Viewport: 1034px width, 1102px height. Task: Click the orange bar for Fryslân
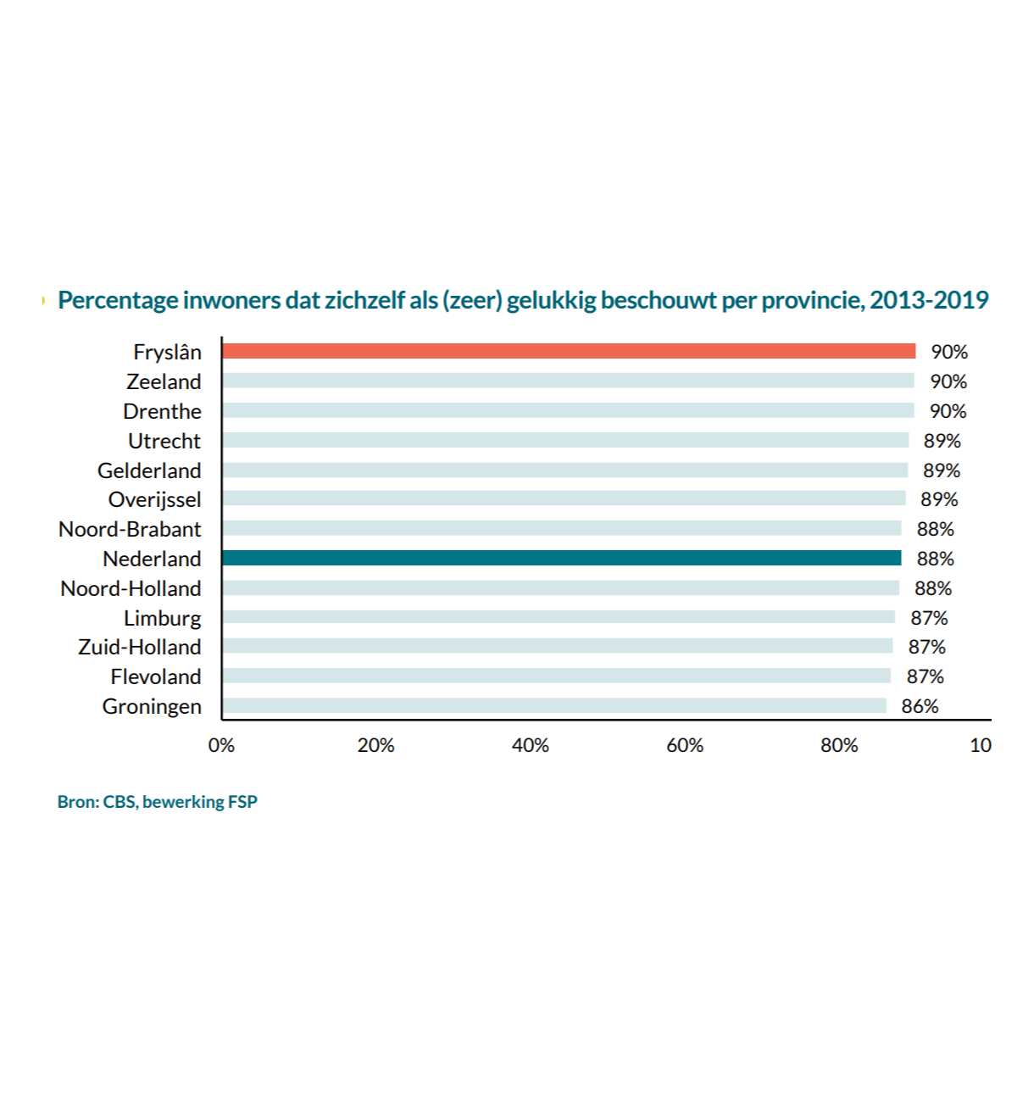(568, 351)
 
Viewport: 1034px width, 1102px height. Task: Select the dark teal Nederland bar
(561, 558)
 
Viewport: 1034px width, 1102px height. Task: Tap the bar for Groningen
(554, 705)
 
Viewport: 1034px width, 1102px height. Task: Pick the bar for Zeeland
(568, 381)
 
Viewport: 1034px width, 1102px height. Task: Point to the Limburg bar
(559, 617)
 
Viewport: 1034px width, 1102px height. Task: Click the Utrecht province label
(164, 441)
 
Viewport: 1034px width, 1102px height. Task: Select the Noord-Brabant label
(130, 529)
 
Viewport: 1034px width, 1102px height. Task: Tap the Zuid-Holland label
(140, 647)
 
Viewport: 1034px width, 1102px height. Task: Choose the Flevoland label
(156, 676)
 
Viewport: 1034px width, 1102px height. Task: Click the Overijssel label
(155, 499)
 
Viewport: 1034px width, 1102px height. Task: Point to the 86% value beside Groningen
(920, 706)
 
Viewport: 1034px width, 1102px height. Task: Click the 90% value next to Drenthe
(948, 411)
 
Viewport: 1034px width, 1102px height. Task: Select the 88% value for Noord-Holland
(933, 588)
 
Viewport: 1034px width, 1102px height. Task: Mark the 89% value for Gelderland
(942, 470)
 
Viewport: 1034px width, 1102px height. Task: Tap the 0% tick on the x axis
(221, 745)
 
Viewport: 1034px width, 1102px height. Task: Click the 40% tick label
(531, 745)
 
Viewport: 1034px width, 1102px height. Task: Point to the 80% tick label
(839, 745)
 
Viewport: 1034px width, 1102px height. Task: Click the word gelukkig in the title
(552, 301)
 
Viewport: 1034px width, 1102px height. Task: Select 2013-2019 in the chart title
(929, 300)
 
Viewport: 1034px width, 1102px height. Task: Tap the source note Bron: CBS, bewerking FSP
(158, 802)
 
